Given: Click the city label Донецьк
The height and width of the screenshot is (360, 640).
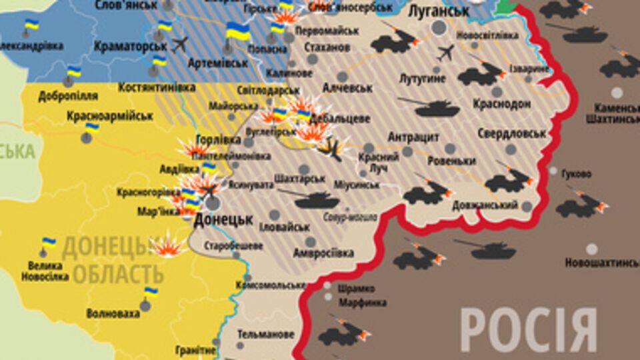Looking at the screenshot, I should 223,219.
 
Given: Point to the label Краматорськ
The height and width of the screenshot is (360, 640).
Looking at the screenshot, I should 129,46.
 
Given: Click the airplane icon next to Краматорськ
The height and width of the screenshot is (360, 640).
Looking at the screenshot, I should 179,45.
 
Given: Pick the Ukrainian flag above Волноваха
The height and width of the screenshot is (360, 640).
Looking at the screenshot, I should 151,292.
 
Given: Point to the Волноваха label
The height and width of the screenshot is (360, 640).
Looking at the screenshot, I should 113,313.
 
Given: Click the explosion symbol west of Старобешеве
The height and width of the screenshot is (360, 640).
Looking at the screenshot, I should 167,245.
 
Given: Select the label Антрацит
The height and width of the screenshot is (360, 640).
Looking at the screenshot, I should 414,137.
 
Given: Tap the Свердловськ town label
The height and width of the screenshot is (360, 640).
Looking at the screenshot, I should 511,133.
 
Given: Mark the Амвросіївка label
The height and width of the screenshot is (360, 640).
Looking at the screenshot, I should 323,253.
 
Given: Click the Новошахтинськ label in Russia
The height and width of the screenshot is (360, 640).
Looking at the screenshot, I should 602,263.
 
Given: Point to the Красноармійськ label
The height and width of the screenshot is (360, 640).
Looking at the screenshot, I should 110,116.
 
